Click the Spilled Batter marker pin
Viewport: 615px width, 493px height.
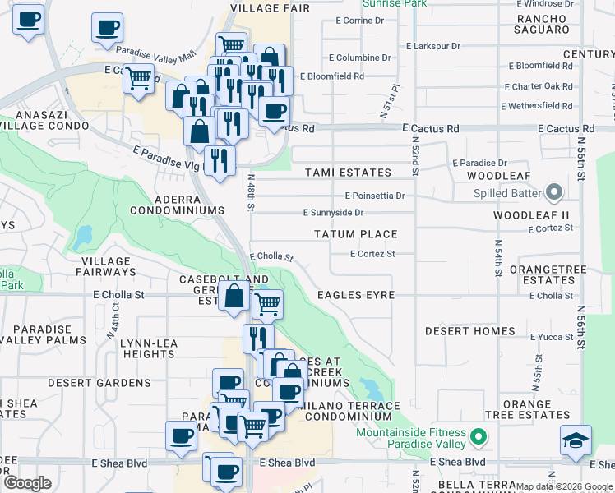click(553, 193)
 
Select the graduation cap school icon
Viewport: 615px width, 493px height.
click(576, 440)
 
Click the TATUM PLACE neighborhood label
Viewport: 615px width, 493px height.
click(356, 234)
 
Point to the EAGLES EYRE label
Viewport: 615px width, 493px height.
click(356, 295)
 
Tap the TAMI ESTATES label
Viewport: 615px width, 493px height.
click(348, 173)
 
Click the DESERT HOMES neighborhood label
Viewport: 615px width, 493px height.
click(470, 331)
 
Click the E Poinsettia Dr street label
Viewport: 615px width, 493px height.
click(375, 196)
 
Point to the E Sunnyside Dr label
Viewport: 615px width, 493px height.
click(333, 212)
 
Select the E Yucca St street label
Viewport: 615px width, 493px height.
click(551, 337)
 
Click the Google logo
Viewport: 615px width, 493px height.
click(27, 482)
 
